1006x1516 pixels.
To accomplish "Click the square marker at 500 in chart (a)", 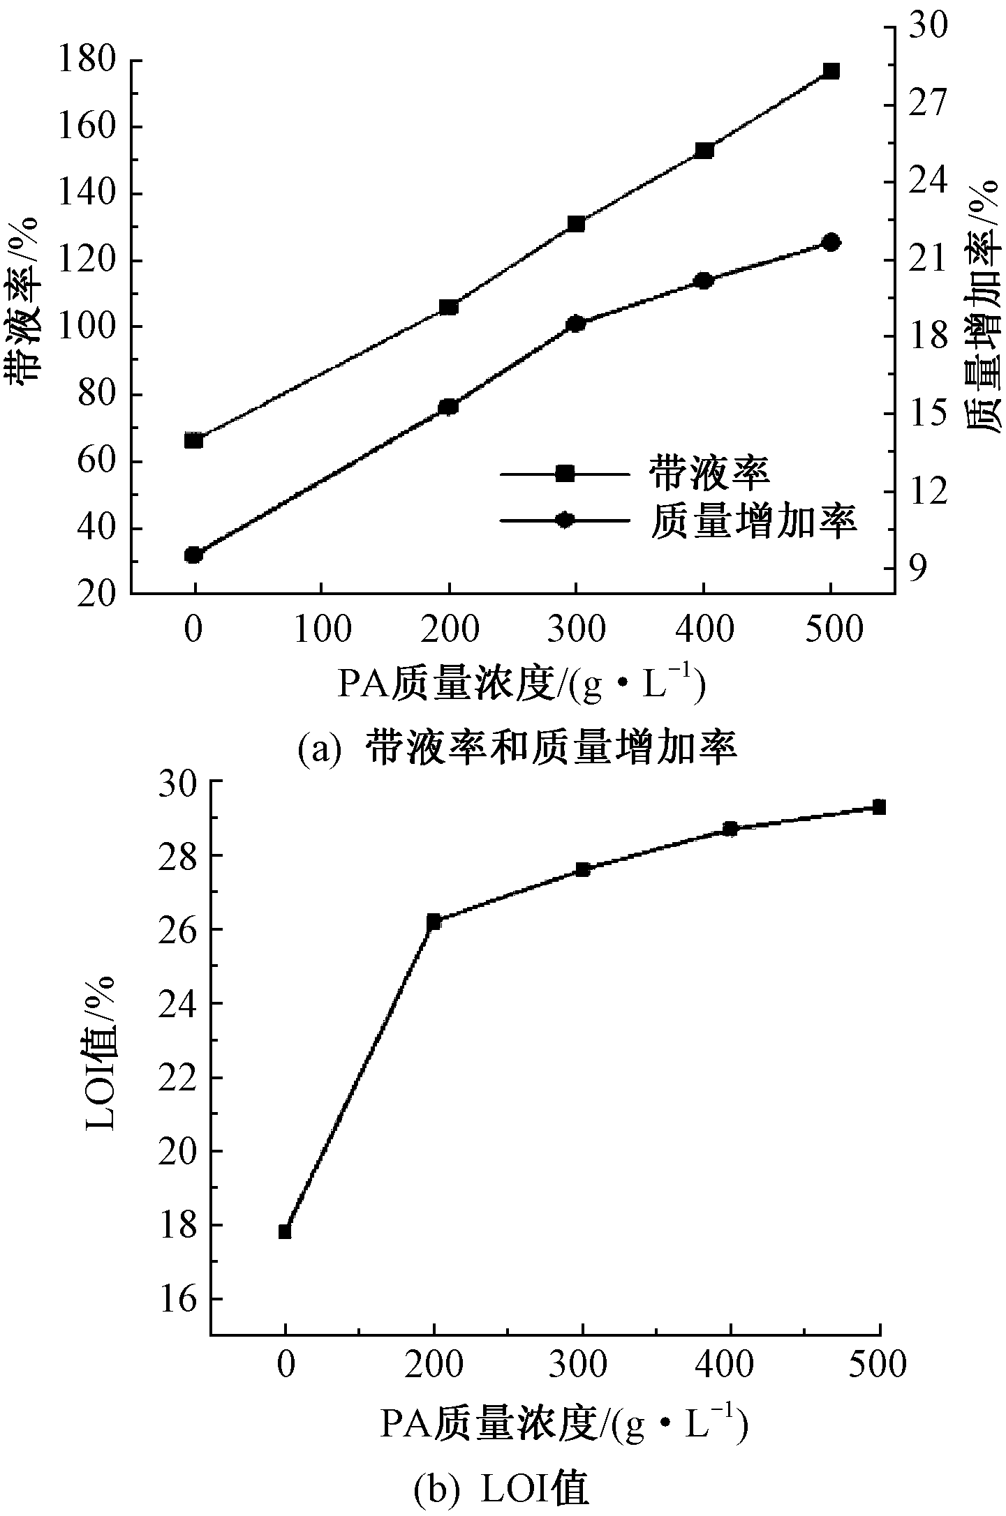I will click(831, 71).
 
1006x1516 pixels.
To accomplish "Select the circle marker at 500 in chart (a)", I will click(831, 242).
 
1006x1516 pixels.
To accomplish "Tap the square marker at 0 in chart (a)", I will click(194, 440).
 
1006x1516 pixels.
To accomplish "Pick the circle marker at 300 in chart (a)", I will click(576, 323).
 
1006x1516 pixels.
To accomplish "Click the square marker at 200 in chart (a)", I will click(449, 307).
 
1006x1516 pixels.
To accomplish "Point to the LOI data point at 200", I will click(434, 922).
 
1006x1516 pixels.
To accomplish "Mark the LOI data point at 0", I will click(285, 1231).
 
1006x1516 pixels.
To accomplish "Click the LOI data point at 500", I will click(880, 807).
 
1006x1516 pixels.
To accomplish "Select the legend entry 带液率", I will click(709, 474).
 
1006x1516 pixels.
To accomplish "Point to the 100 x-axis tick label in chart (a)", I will click(322, 630).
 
